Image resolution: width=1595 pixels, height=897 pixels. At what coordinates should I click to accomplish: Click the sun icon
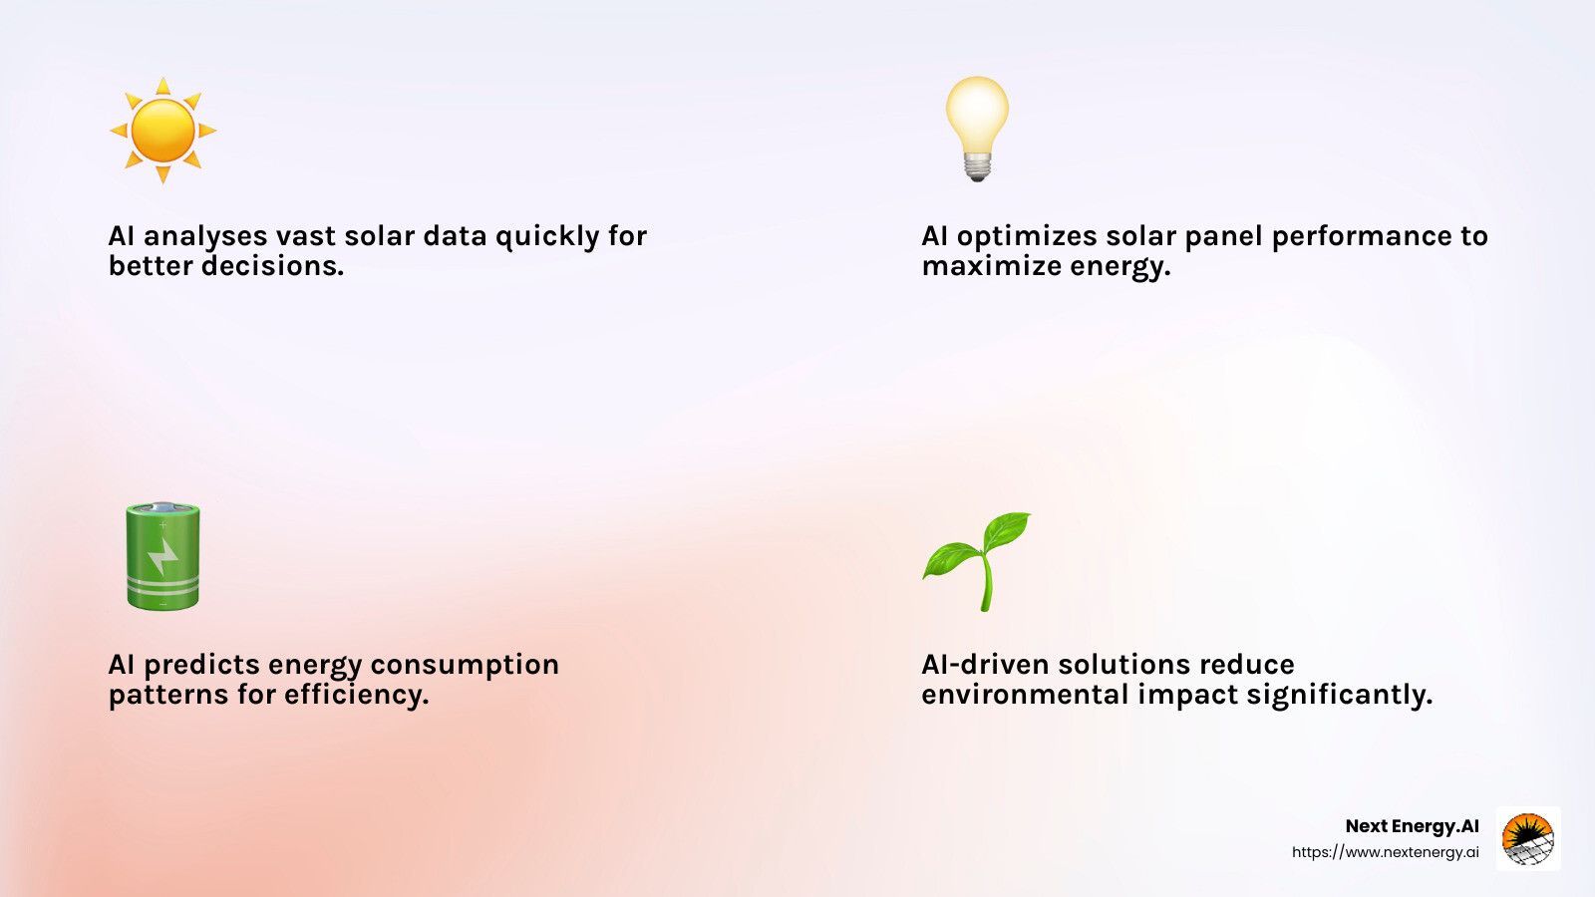click(x=163, y=131)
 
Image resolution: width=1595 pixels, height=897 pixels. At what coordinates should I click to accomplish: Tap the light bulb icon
click(x=977, y=129)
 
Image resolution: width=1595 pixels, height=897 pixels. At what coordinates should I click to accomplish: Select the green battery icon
click(x=163, y=555)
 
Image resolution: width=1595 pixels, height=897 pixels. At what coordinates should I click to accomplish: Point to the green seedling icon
click(x=976, y=561)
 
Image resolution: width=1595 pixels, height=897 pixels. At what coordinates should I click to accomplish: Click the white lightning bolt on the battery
click(x=163, y=557)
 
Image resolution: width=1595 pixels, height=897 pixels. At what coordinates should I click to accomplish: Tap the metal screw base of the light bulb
click(x=978, y=166)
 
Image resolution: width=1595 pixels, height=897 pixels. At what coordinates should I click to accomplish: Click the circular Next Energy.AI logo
click(x=1528, y=838)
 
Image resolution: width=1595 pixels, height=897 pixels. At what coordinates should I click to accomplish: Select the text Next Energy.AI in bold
click(x=1412, y=826)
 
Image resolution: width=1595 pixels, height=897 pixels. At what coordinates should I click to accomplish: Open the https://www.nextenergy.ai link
click(x=1386, y=852)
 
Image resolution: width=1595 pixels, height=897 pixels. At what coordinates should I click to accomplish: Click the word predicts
click(x=202, y=666)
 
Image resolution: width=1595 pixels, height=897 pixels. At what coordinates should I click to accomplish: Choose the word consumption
click(x=465, y=666)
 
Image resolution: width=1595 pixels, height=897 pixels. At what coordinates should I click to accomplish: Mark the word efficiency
click(x=357, y=695)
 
